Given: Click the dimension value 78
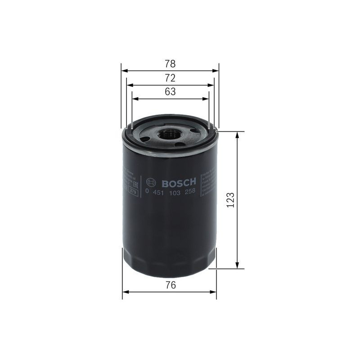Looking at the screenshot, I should (x=170, y=63).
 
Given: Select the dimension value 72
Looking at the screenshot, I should (x=170, y=78).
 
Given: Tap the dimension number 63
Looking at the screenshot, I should (x=170, y=92).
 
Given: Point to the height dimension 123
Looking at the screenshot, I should (x=231, y=199).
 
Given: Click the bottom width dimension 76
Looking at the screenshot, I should (x=170, y=285).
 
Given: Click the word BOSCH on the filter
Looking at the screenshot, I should (x=179, y=182).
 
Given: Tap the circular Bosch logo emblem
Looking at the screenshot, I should (x=152, y=182).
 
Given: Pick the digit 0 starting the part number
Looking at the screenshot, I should (x=147, y=191).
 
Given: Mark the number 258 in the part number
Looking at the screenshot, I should (x=191, y=191).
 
